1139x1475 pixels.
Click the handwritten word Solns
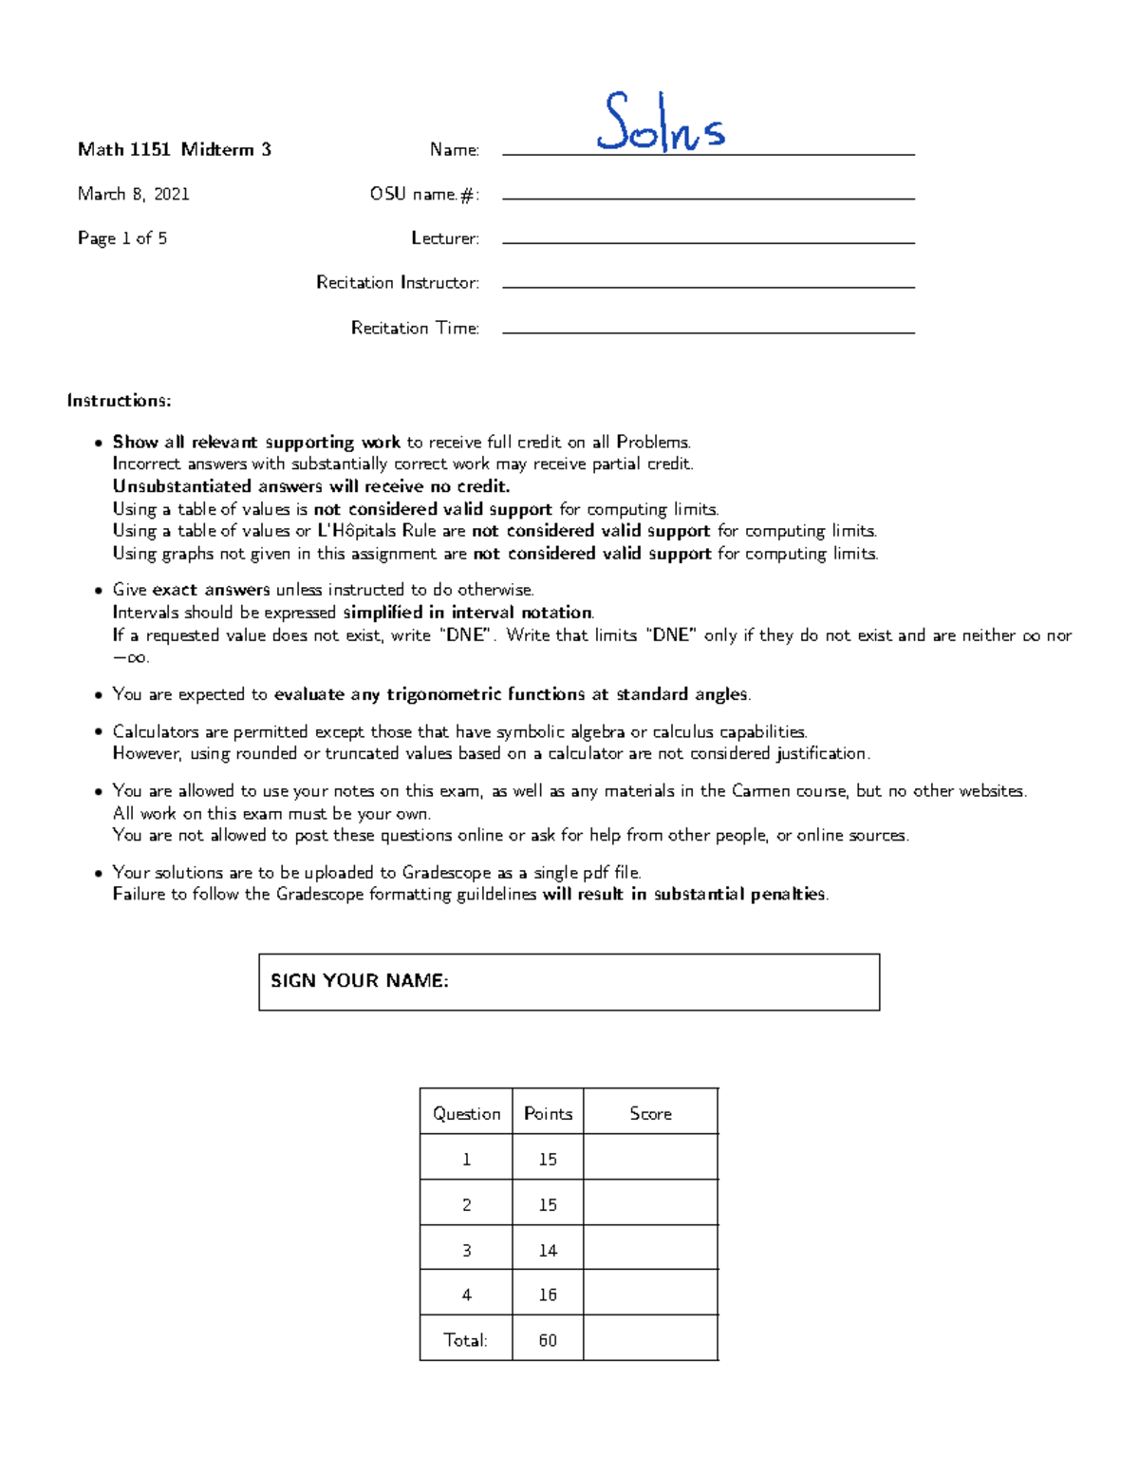661,123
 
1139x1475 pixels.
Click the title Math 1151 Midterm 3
174,149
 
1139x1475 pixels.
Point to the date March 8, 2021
134,194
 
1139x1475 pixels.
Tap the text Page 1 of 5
122,238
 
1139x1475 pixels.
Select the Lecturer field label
444,238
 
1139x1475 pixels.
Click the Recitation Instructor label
397,282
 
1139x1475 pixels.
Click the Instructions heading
119,401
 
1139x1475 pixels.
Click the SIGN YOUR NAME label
360,981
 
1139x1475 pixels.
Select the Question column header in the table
466,1113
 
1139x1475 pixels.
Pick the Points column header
548,1113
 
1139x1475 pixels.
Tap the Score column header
650,1113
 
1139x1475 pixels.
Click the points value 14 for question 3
548,1250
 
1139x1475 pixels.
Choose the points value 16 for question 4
548,1295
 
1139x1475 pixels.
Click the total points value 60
548,1340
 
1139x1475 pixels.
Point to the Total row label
465,1340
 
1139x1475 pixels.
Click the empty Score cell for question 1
650,1158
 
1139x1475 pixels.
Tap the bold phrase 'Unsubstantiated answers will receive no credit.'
311,486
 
